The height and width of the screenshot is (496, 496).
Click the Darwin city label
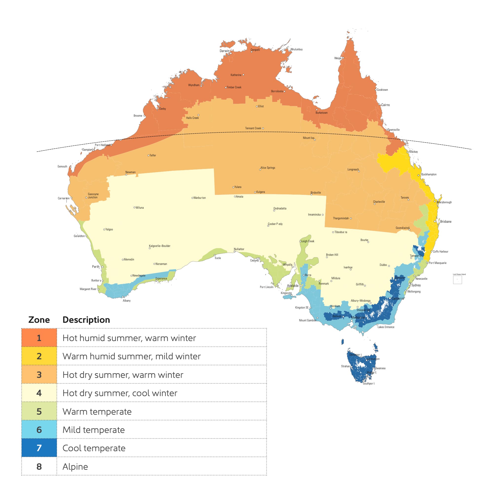(x=224, y=51)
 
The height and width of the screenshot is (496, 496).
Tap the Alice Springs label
(x=268, y=168)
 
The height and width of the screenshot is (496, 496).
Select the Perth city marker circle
(x=102, y=267)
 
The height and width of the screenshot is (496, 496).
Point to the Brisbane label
(x=445, y=221)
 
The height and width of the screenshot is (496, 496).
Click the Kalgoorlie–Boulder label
(x=159, y=246)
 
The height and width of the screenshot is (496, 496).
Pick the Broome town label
(x=138, y=116)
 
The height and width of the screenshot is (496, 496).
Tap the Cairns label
(x=385, y=105)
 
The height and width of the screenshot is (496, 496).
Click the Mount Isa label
(x=308, y=138)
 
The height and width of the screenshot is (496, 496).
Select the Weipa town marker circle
(x=343, y=58)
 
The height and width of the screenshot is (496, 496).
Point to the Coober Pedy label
(x=275, y=224)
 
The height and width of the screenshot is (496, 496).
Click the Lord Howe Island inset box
(x=458, y=280)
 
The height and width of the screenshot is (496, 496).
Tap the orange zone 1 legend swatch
(x=39, y=338)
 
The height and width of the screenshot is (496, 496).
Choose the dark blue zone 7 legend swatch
(x=39, y=448)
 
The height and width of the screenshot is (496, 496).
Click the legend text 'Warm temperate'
(x=97, y=412)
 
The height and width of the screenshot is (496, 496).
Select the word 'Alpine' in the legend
(x=75, y=466)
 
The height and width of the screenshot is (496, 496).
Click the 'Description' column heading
(x=86, y=320)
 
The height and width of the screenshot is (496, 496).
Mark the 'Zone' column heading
(x=39, y=320)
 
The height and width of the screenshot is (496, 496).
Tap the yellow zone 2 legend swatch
(x=39, y=356)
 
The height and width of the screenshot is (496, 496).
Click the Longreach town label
(x=353, y=169)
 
